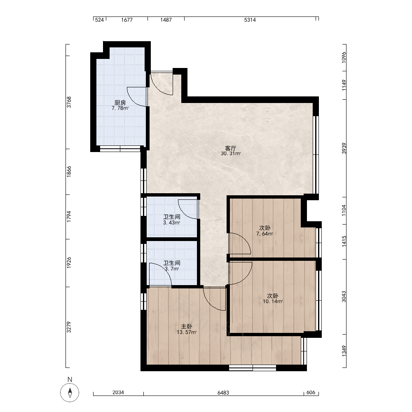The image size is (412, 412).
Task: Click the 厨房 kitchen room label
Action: point(120,103)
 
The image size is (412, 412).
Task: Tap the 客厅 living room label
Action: point(231,148)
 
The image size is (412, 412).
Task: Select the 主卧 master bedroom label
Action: point(187,327)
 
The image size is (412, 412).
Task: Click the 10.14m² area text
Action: point(273,302)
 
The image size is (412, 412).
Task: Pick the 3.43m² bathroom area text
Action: point(171,223)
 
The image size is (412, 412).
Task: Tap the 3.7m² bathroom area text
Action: point(172,269)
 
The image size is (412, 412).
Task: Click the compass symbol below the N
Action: point(70,393)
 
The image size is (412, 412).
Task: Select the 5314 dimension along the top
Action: point(250,20)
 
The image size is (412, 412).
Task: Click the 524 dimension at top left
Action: point(99,20)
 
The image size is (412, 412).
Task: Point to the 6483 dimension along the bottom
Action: point(223,393)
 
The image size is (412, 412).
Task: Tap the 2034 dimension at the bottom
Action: point(118,393)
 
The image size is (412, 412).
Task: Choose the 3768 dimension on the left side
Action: point(69,102)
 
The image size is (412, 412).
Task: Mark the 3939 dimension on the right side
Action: point(344,148)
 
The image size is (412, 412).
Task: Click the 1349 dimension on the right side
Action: point(344,351)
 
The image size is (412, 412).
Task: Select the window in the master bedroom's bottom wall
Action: point(253,368)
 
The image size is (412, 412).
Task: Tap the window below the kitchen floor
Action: point(120,149)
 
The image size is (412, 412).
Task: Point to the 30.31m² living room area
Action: point(231,154)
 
